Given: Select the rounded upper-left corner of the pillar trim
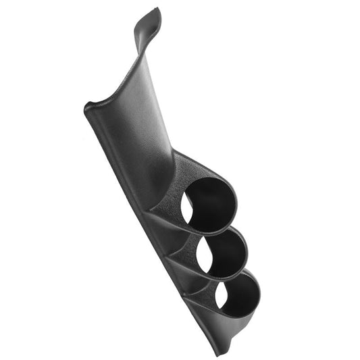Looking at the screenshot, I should pyautogui.click(x=90, y=109).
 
